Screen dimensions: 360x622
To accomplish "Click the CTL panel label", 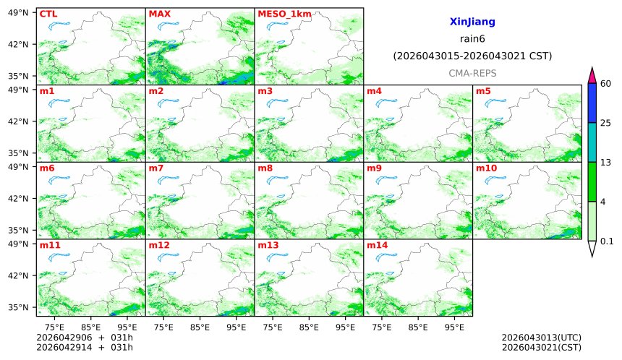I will point(48,14).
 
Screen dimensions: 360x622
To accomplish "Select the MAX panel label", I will point(159,14).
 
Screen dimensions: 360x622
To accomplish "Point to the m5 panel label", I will point(483,91).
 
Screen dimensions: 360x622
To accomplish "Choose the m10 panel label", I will point(486,168).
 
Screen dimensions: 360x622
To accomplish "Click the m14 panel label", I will point(377,245).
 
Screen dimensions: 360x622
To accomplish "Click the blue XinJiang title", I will point(472,22).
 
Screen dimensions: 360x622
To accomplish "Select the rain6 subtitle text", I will point(472,39).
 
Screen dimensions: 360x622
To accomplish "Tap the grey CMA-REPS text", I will point(472,73).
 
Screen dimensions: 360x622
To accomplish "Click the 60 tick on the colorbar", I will point(606,84).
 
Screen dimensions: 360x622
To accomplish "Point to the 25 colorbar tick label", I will point(606,123).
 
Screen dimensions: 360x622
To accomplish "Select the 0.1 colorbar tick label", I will point(607,241).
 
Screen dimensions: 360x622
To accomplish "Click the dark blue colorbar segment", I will point(592,103).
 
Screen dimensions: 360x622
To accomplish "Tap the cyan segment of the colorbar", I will point(592,142).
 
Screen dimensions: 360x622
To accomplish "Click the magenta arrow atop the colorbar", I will point(592,74).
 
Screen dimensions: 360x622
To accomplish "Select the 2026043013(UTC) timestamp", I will point(541,338).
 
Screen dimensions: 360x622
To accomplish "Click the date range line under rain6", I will point(472,56).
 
